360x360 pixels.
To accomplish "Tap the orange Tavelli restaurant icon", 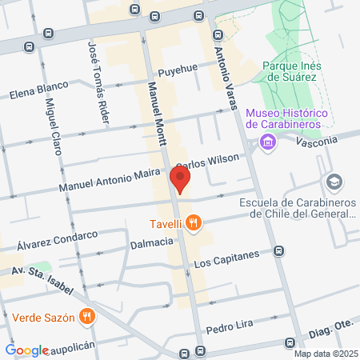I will point(193,224).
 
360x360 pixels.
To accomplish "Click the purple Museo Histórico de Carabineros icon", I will point(267,143).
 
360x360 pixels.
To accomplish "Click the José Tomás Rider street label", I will point(94,81).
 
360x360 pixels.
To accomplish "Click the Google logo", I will point(27,350).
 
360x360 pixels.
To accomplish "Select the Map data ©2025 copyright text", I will point(325,354).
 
